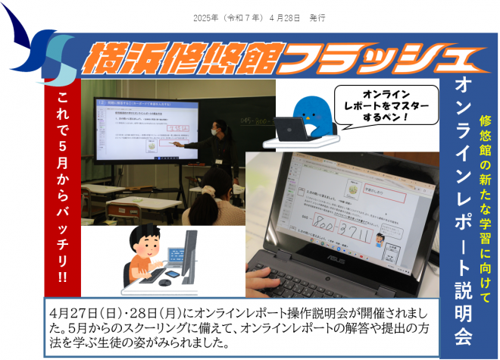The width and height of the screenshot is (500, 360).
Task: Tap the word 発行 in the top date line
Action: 317,17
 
